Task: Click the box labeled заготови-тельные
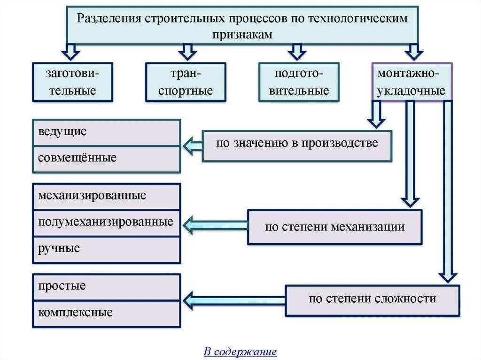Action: tap(72, 82)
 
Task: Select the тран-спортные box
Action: tap(186, 82)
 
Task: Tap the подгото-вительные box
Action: tap(299, 82)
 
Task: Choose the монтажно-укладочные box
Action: tap(411, 82)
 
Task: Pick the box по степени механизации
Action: tap(334, 227)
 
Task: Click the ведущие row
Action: tap(106, 132)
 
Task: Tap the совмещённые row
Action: tap(106, 159)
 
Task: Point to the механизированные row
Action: tap(106, 196)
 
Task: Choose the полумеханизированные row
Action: tap(106, 222)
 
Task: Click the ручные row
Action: tap(106, 249)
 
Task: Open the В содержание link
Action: tap(240, 352)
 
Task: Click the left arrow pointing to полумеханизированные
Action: tap(214, 225)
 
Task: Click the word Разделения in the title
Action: tap(109, 18)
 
